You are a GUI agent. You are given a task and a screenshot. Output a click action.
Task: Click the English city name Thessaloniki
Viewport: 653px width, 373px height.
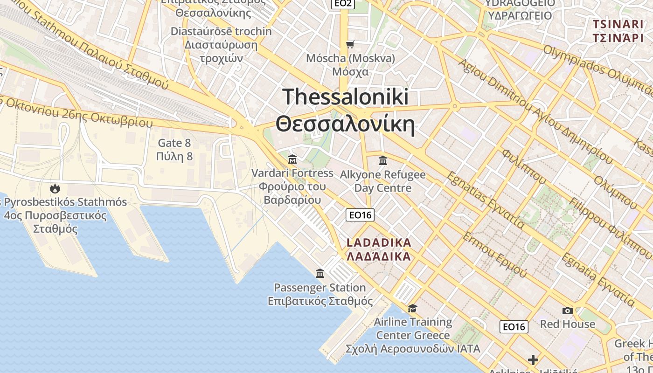tap(346, 97)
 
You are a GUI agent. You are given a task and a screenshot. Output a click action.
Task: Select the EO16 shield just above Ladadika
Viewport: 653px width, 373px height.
tap(360, 215)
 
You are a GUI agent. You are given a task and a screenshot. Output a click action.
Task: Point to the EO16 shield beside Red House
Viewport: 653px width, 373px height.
tap(514, 327)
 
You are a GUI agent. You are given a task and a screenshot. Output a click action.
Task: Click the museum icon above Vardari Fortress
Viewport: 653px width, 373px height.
tap(292, 159)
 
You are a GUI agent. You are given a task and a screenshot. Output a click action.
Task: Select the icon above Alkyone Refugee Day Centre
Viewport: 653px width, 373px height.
tap(383, 161)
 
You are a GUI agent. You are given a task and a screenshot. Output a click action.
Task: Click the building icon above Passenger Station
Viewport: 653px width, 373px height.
tap(320, 273)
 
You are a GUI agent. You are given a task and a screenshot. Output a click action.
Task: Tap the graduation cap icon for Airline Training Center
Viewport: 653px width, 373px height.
tap(412, 308)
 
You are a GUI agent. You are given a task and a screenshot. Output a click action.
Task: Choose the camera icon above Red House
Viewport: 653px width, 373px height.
tap(567, 311)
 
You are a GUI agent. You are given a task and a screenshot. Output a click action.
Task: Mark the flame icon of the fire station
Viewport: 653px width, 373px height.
tap(55, 189)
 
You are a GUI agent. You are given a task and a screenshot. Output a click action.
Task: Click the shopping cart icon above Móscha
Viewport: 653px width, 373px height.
tap(350, 44)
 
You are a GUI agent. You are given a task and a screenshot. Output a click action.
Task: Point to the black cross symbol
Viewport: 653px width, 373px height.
tap(533, 360)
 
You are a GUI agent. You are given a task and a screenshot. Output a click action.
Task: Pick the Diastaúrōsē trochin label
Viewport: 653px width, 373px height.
tap(221, 32)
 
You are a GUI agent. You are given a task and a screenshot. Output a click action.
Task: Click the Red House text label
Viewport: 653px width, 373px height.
tap(567, 324)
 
